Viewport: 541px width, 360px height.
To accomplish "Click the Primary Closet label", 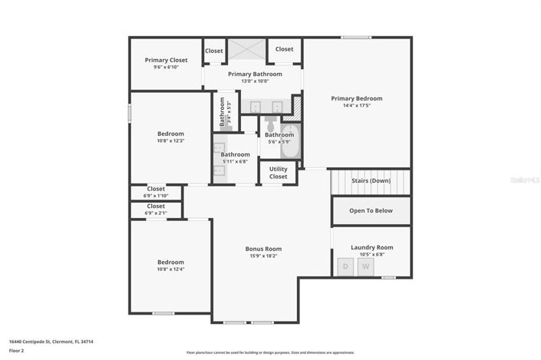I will pos(167,60).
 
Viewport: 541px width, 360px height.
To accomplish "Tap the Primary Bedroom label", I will pos(356,98).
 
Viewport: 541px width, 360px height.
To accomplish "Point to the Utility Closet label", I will pos(278,173).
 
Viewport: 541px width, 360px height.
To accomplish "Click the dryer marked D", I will pos(345,266).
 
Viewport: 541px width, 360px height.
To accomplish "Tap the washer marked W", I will pos(366,266).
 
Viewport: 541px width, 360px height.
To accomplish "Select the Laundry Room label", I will pos(371,247).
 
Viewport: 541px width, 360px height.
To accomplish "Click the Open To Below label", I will pos(371,210).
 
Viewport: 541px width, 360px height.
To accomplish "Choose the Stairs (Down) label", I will pos(371,181).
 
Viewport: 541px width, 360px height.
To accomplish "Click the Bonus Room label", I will pos(263,249).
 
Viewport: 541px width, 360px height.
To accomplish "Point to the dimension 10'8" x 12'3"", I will pos(170,140).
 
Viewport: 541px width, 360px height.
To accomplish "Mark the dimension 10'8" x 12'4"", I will pos(170,269).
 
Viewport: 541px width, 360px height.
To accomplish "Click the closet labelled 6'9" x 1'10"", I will pos(156,191).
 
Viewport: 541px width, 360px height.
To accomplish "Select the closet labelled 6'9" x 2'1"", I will pos(156,209).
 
